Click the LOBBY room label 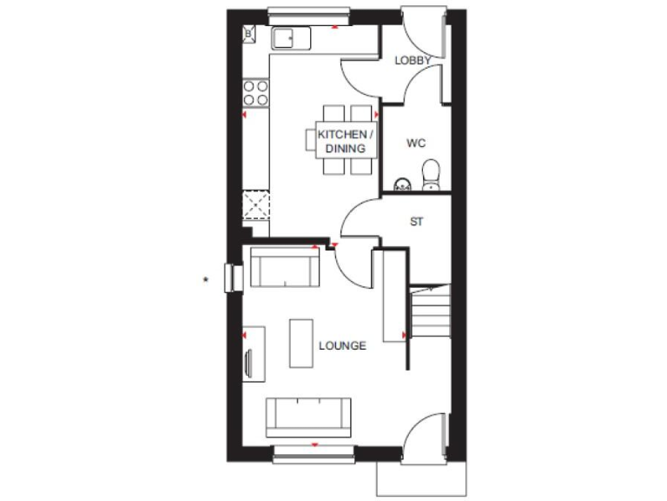[x=413, y=60]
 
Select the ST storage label [x=417, y=222]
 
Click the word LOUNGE [x=342, y=345]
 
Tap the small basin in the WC [x=402, y=184]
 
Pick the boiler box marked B [x=248, y=34]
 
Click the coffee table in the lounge [x=300, y=343]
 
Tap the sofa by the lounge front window [x=308, y=417]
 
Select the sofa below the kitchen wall [x=285, y=267]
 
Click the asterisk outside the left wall [x=205, y=279]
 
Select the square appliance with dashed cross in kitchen [x=257, y=204]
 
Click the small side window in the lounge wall [x=233, y=278]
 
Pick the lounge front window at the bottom [x=314, y=451]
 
